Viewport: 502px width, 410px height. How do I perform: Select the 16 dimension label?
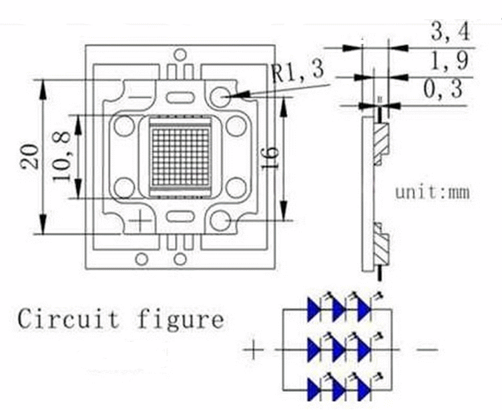click(x=270, y=158)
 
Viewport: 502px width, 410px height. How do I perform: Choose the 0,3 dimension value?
click(x=443, y=89)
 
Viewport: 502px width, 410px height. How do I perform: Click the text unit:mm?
click(x=433, y=193)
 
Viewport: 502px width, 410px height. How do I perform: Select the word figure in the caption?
click(x=181, y=319)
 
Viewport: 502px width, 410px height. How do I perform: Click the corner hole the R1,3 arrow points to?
click(x=220, y=97)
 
